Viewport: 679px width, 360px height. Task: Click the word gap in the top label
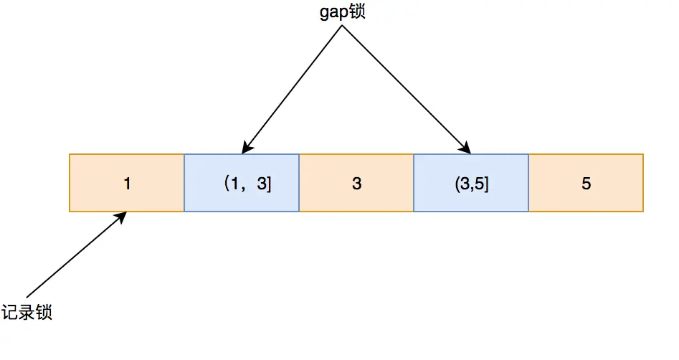(x=334, y=13)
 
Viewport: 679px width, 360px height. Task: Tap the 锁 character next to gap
(x=357, y=11)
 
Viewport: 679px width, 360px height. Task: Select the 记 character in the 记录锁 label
(x=9, y=312)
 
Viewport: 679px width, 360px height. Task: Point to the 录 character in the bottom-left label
(x=27, y=312)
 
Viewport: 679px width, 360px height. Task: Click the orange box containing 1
(x=126, y=183)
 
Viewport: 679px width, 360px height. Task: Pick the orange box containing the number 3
(x=356, y=183)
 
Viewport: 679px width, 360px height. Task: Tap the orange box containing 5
(x=586, y=183)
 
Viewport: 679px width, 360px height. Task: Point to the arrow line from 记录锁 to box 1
(x=76, y=255)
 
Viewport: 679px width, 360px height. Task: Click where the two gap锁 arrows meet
(x=342, y=25)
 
